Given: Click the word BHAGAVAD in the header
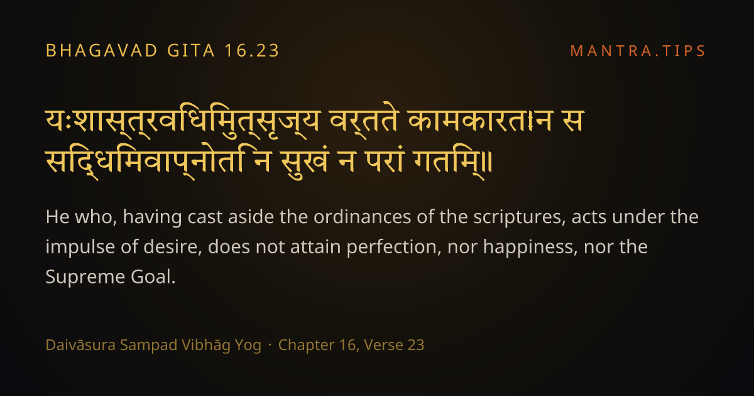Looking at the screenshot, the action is coord(101,51).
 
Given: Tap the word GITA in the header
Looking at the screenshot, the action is coord(191,51).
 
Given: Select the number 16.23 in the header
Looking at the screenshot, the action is coord(252,51).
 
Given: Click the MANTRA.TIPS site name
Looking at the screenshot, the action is coord(638,51).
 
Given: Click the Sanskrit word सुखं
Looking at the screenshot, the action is coord(305,162).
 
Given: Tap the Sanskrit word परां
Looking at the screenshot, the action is coord(384,162).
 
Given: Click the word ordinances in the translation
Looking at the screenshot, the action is coord(362,217).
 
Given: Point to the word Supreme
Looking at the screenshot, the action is coord(85,277).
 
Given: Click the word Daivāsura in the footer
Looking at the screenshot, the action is coord(80,345).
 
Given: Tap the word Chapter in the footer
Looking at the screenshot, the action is coord(307,346).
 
